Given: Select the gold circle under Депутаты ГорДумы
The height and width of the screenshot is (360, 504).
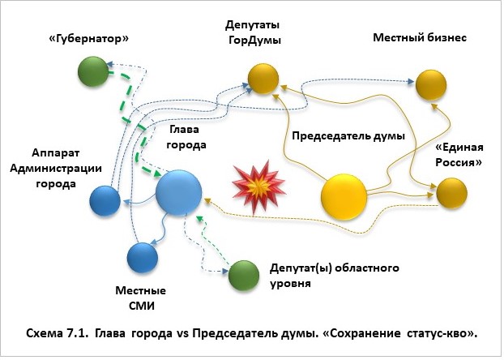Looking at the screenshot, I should [263, 79].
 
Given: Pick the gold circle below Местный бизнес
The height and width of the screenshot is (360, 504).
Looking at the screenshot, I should [430, 81].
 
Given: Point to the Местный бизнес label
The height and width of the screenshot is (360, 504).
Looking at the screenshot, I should [419, 37].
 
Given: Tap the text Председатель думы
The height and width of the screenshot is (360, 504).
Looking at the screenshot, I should [348, 136].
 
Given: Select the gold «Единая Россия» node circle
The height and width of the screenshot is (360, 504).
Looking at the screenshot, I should [451, 192].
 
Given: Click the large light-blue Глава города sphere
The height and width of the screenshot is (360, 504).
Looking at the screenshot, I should [178, 192].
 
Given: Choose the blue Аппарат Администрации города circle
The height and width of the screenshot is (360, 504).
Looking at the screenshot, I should [105, 200].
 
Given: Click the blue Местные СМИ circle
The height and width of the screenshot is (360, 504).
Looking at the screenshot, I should [143, 258].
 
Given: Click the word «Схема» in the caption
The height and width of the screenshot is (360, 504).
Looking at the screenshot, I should [47, 334].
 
